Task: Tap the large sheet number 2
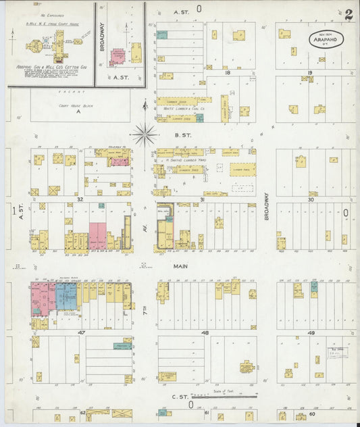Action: (x=349, y=15)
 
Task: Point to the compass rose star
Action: (x=144, y=134)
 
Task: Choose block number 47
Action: (x=81, y=333)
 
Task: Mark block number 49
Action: (x=311, y=333)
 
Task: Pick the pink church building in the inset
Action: (x=118, y=57)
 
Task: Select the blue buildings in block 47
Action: (x=66, y=296)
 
